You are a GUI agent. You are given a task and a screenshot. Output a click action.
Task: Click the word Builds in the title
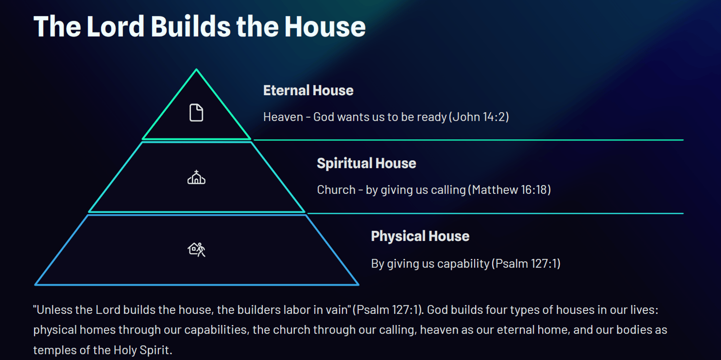(x=191, y=27)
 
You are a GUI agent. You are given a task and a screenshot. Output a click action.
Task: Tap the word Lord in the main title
(x=115, y=27)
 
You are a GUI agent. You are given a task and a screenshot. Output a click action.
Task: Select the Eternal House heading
(x=308, y=91)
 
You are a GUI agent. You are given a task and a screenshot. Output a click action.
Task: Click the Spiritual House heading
(x=367, y=163)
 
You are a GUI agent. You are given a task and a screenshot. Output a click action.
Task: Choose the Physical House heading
(x=420, y=236)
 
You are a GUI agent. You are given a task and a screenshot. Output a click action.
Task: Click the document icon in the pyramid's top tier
(x=196, y=113)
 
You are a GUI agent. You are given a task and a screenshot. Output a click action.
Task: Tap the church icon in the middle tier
(x=196, y=177)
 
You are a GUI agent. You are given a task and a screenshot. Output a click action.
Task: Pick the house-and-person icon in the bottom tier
(x=196, y=249)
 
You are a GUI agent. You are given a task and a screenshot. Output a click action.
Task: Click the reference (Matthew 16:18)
(x=509, y=190)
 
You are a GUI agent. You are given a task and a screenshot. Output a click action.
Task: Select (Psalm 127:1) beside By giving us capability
(x=526, y=263)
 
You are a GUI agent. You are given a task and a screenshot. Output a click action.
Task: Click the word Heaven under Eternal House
(x=283, y=117)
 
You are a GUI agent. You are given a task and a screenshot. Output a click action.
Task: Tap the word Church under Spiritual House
(x=336, y=190)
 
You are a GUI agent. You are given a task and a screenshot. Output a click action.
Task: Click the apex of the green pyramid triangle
(x=196, y=69)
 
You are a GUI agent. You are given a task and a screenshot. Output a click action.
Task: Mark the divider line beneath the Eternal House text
(x=468, y=140)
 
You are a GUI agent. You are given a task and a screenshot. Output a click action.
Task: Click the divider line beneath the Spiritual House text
(x=495, y=213)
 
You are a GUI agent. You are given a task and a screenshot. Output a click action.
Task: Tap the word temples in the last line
(x=55, y=350)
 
